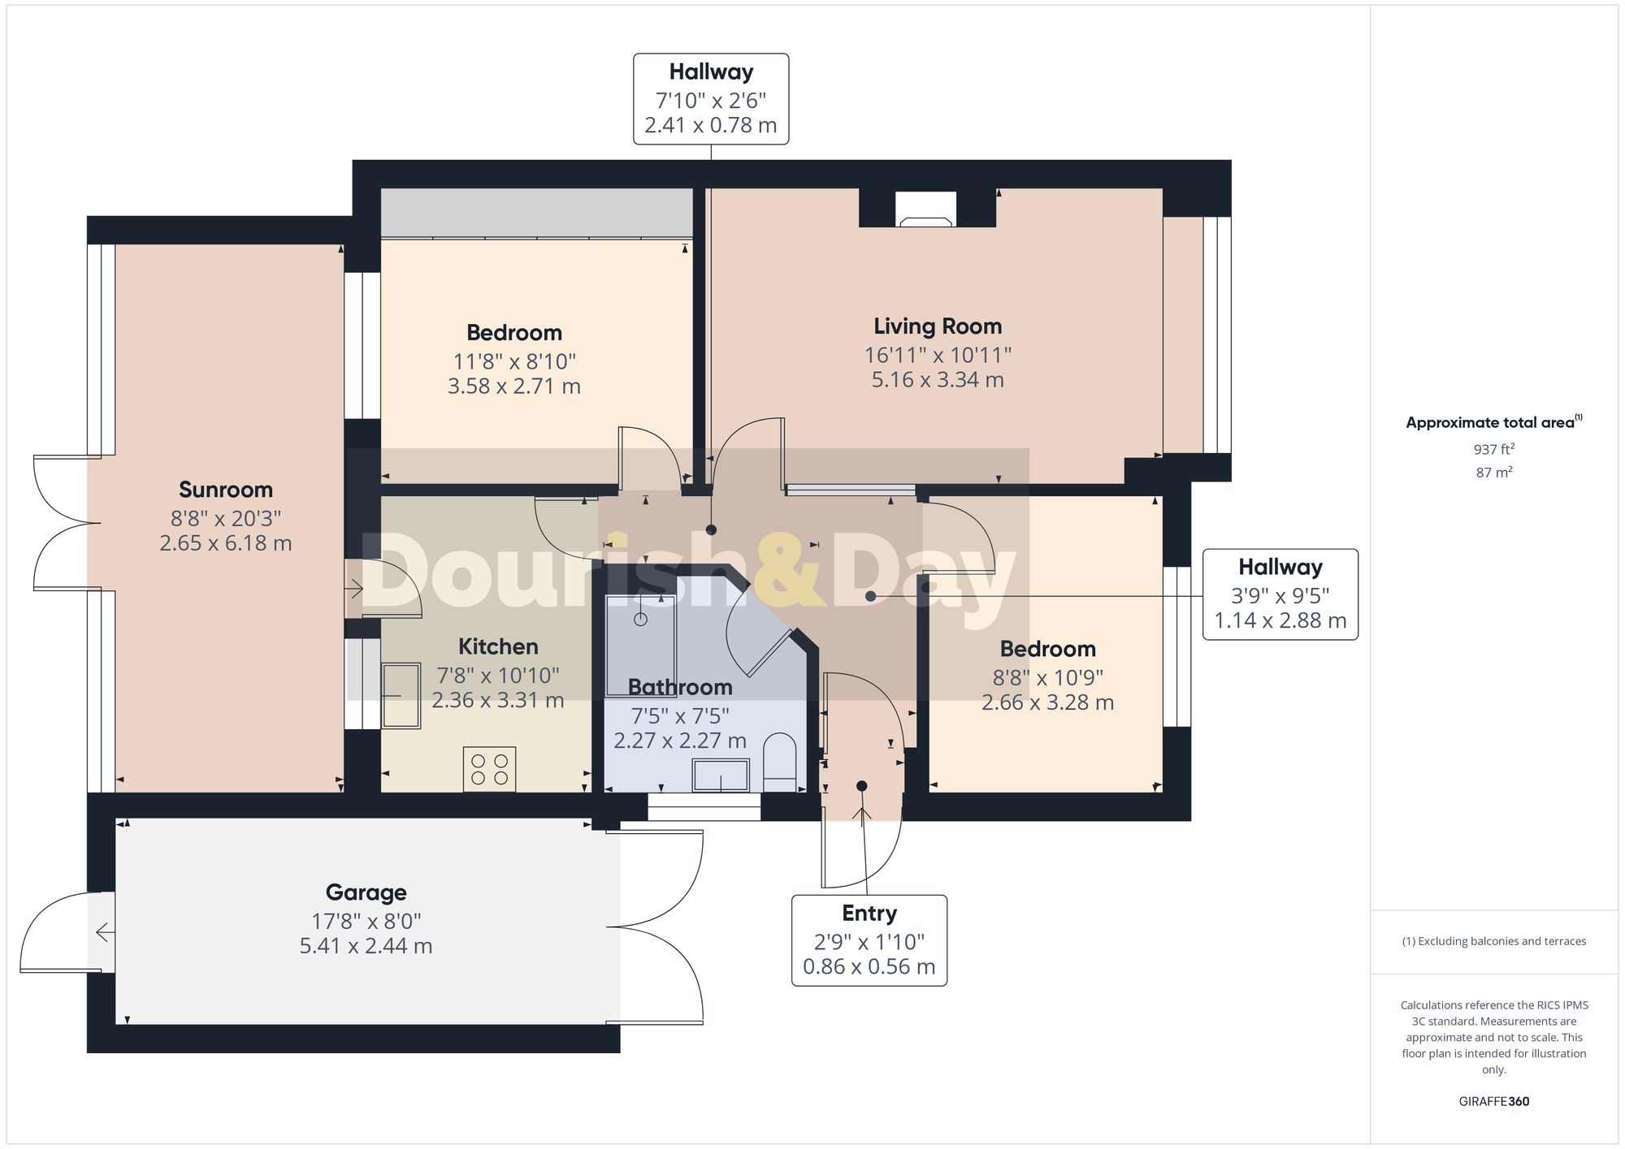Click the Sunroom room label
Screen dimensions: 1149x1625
pos(225,490)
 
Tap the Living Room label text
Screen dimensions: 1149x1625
pos(938,326)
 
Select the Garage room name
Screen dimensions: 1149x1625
pos(366,892)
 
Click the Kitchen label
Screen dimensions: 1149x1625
pos(498,646)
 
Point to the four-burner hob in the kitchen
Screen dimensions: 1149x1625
pos(489,769)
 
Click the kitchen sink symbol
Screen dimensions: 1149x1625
pos(401,696)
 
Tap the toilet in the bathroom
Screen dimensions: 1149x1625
pos(781,761)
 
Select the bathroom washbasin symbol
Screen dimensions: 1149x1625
pos(721,775)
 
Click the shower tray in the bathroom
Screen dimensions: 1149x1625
pos(640,646)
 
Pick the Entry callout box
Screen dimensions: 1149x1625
pos(869,940)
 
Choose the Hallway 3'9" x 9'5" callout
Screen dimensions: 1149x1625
pos(1280,594)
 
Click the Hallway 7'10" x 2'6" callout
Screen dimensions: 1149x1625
pos(711,99)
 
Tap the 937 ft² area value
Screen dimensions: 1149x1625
pos(1493,449)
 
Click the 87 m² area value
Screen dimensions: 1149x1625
pos(1493,473)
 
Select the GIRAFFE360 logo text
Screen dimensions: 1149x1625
pos(1493,1101)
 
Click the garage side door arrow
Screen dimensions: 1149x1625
pos(104,932)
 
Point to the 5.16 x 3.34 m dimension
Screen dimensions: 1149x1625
pos(938,380)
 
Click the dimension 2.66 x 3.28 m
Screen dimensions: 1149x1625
pos(1047,702)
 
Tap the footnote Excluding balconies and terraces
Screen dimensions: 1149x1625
pos(1493,941)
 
